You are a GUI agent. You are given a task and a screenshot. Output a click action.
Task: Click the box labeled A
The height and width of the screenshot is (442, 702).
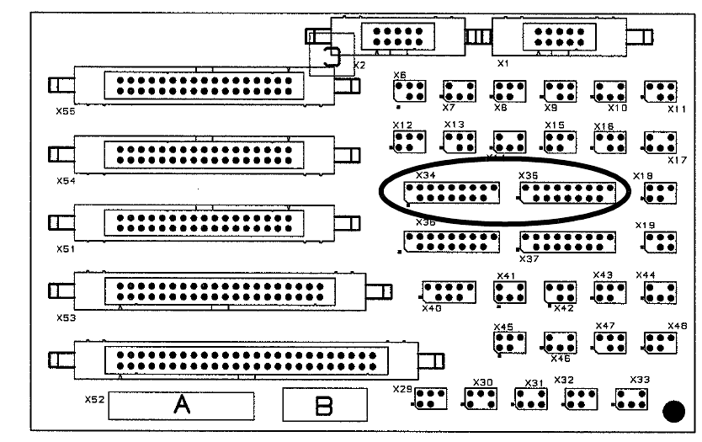(x=180, y=405)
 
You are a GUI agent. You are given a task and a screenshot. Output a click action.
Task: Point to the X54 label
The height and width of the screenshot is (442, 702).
(x=66, y=180)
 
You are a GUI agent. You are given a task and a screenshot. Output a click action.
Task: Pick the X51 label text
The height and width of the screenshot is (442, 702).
(x=66, y=249)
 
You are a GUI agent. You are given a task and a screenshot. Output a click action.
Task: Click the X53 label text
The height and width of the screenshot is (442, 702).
(x=66, y=318)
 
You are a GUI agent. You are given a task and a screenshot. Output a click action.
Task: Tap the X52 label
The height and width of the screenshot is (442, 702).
(x=94, y=399)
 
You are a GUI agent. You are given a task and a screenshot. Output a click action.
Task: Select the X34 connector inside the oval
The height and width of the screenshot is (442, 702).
(x=452, y=193)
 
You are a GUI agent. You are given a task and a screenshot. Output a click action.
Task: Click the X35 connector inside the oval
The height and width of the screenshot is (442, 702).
(x=574, y=193)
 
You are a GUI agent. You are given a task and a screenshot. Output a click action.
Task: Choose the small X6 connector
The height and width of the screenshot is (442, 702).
(x=409, y=90)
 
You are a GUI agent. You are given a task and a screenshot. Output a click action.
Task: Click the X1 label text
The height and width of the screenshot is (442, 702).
(x=503, y=62)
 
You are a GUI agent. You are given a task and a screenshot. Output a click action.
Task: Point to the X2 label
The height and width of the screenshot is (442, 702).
(x=359, y=64)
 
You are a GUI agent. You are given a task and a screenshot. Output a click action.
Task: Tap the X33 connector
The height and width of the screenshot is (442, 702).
(x=631, y=398)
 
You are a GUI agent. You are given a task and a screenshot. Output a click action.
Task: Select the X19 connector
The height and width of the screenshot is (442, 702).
(x=660, y=242)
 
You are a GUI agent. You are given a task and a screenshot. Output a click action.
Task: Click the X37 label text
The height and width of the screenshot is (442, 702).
(x=529, y=258)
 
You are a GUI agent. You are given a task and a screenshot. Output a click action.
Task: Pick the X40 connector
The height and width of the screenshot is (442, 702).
(x=449, y=292)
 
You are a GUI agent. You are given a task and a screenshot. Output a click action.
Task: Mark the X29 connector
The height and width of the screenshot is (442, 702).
(x=430, y=398)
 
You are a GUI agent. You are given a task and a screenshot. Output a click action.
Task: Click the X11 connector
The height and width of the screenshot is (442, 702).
(x=662, y=90)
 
